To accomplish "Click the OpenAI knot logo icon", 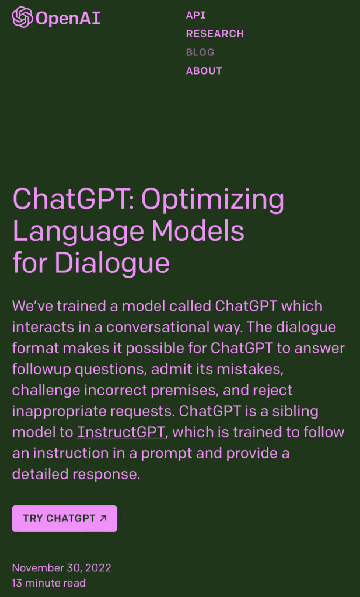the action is [x=23, y=17].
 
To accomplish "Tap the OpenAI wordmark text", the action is [x=68, y=18].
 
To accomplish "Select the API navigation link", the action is [x=196, y=15].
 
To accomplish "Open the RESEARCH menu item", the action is [x=215, y=33].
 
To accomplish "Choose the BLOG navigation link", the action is [x=200, y=52].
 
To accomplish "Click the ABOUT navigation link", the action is [x=204, y=71].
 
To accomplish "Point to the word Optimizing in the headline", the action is [x=212, y=200].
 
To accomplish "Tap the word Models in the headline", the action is [x=198, y=230].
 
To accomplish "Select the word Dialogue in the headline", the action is [x=112, y=264].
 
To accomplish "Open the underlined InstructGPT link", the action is [x=121, y=432].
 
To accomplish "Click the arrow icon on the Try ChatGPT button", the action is [x=103, y=518].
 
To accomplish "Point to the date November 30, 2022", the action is [x=61, y=568].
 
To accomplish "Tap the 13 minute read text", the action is [x=49, y=583].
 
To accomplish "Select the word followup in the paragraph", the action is [x=41, y=370].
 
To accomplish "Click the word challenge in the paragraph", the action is [x=46, y=391].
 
